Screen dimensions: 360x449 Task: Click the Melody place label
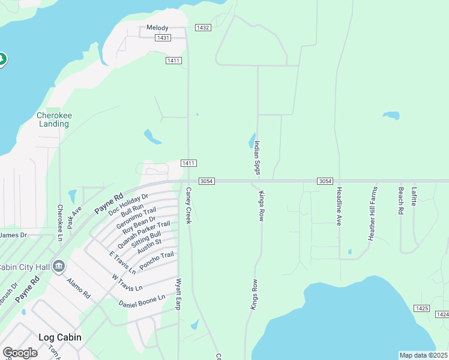pos(158,28)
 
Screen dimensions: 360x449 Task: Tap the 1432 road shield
pos(203,28)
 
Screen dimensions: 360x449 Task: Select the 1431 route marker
pos(162,38)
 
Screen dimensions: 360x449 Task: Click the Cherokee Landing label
pos(53,119)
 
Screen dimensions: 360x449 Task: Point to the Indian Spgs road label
pos(257,158)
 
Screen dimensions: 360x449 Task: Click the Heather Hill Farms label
pos(373,213)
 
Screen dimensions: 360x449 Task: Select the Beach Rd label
pos(400,200)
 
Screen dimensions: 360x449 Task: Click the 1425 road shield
pos(421,308)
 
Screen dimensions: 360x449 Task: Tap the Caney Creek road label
pos(188,205)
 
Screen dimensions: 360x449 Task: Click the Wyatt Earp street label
pos(178,294)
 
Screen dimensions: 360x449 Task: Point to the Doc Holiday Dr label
pos(128,204)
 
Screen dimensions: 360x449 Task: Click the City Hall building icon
pos(58,266)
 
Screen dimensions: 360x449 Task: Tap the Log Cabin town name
pos(59,337)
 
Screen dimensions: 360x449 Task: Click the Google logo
pos(20,352)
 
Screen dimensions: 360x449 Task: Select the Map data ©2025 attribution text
pos(423,355)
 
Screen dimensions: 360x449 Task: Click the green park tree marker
pos(2,59)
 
